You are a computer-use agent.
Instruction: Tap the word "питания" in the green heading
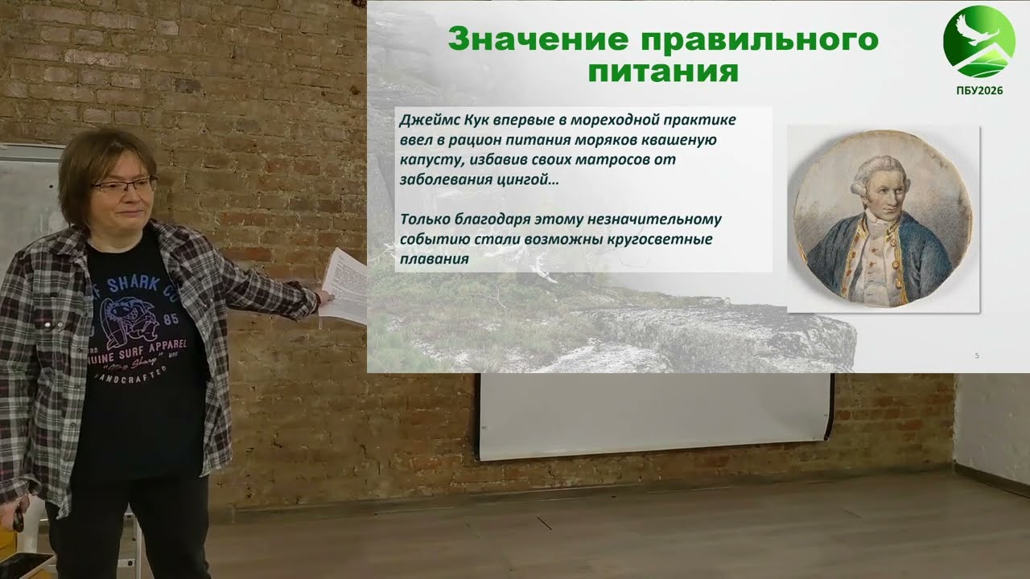(662, 72)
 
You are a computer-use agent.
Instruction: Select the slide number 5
(977, 355)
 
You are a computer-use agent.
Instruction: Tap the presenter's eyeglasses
(125, 186)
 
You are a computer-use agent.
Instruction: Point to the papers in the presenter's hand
(344, 285)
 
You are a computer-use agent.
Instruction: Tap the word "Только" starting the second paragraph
(423, 220)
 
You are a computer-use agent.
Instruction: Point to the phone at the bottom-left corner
(24, 566)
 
